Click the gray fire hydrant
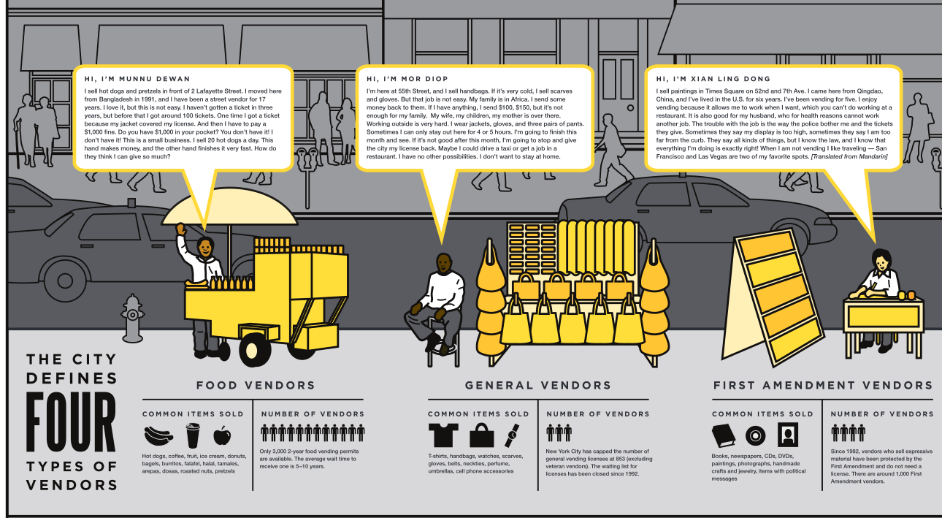(132, 318)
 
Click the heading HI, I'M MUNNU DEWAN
(137, 79)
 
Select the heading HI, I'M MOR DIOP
(407, 79)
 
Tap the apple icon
(221, 436)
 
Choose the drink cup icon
(192, 436)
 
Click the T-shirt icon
(444, 435)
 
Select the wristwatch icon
(512, 435)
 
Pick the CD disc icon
(756, 436)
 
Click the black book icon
(726, 436)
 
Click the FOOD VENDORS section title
(256, 385)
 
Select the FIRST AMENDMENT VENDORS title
(823, 385)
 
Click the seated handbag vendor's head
(443, 262)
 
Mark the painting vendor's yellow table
(882, 315)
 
